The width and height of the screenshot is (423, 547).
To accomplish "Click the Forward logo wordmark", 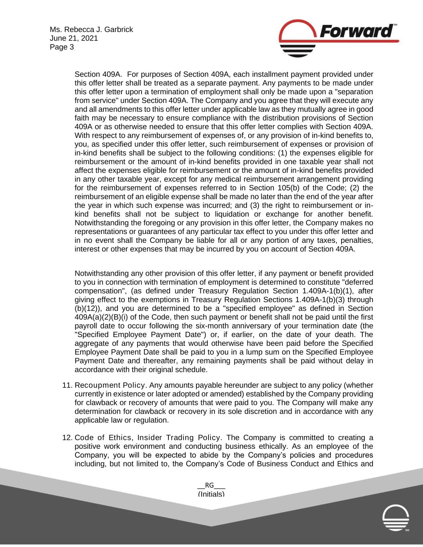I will (355, 31).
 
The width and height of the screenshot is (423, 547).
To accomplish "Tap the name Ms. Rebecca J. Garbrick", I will (91, 30).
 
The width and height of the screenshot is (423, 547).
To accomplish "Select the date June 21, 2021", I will (74, 38).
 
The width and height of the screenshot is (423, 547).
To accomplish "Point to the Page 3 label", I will (62, 47).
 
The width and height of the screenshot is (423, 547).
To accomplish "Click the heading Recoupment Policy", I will (109, 385).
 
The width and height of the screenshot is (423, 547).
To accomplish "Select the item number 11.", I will (67, 385).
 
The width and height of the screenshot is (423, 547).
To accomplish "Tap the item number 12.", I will (67, 438).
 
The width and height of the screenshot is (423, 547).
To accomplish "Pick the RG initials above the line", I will (209, 486).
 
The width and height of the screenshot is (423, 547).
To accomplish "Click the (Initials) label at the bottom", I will (211, 494).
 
